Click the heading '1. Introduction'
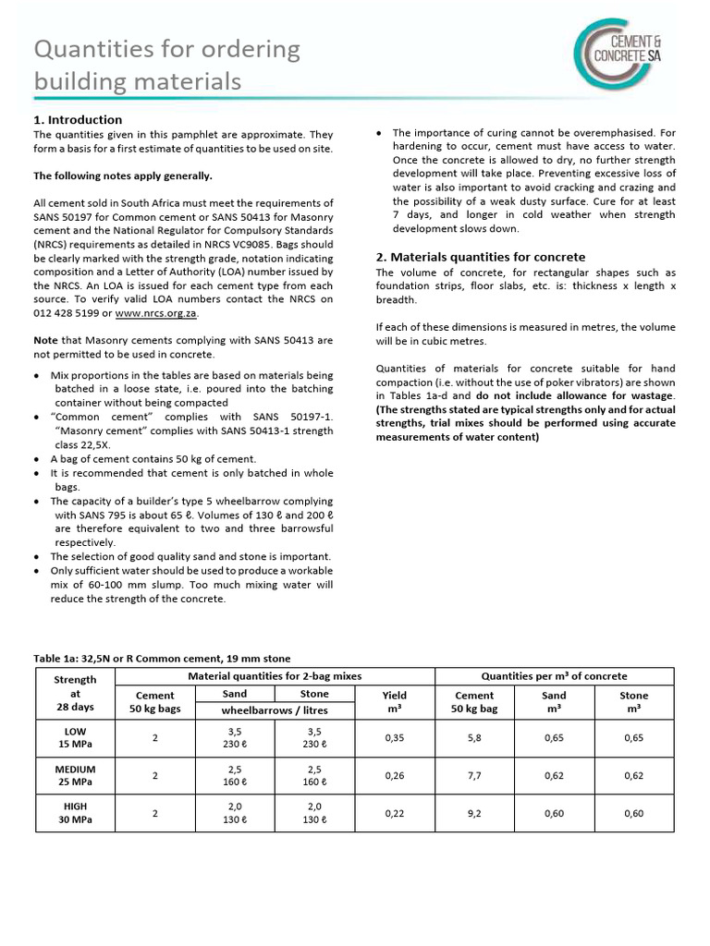click(x=78, y=119)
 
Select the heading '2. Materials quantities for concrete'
click(x=480, y=256)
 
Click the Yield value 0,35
click(x=395, y=737)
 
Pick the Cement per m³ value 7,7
click(x=474, y=777)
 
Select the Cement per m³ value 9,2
click(x=474, y=814)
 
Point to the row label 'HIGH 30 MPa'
click(x=76, y=814)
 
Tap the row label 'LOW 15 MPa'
click(x=76, y=737)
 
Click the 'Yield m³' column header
click(x=395, y=702)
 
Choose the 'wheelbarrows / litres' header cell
click(x=275, y=710)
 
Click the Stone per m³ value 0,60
click(x=633, y=814)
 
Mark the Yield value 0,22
click(x=395, y=814)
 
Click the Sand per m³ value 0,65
click(x=554, y=737)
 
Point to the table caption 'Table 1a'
click(x=162, y=658)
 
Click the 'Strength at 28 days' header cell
click(x=76, y=694)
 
